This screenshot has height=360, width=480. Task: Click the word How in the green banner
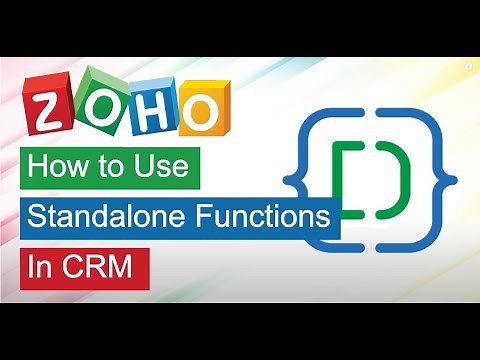tap(62, 166)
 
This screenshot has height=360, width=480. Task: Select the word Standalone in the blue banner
tap(108, 217)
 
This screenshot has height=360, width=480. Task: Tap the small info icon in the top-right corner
tap(467, 63)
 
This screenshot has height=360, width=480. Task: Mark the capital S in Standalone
tap(36, 217)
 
